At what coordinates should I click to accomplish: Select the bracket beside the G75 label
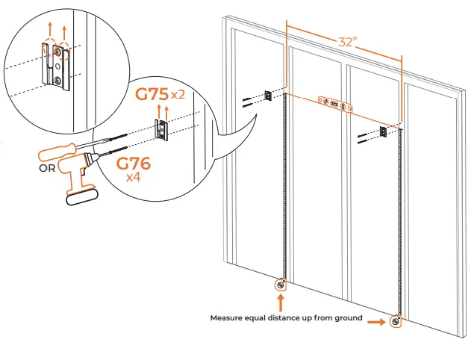point(160,129)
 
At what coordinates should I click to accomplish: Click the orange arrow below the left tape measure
point(281,302)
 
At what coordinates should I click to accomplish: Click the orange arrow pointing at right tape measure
point(375,322)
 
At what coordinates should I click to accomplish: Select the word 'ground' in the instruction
point(346,318)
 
